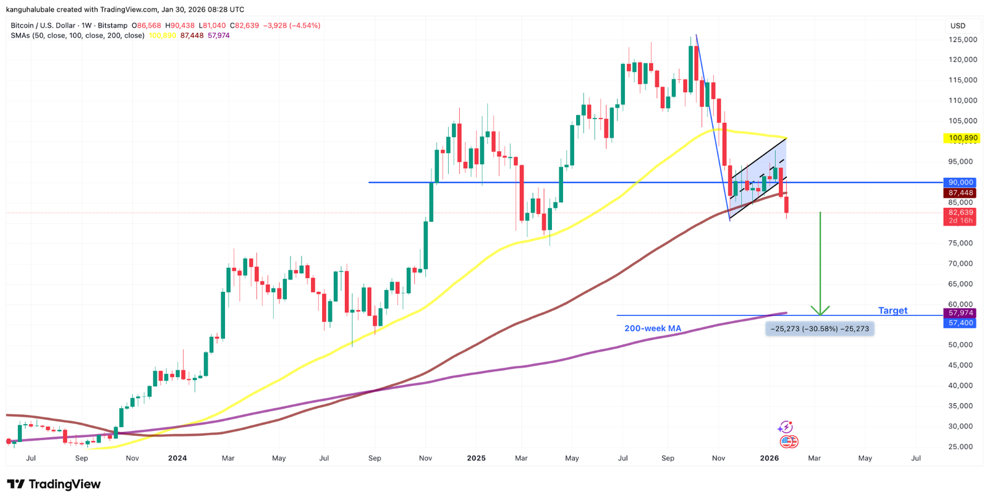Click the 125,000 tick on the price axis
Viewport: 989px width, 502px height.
click(962, 40)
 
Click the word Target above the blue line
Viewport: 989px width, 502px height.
click(893, 310)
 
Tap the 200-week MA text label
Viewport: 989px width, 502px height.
click(653, 328)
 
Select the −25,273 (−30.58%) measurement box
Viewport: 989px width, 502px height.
click(820, 329)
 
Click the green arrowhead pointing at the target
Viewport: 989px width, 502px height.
click(820, 310)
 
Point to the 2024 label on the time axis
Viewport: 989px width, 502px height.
click(177, 458)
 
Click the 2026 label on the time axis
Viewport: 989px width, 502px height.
click(769, 458)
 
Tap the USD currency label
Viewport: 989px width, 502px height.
click(957, 26)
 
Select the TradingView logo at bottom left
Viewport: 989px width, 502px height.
click(54, 484)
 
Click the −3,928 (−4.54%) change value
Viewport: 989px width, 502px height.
click(292, 26)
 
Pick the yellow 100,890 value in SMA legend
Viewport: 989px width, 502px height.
click(163, 36)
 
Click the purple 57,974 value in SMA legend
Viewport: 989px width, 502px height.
click(219, 36)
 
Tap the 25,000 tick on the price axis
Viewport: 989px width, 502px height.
click(962, 446)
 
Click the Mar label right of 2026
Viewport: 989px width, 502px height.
click(815, 458)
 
